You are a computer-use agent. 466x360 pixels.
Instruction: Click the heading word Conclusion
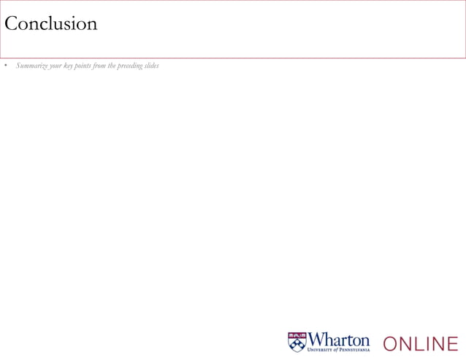[50, 23]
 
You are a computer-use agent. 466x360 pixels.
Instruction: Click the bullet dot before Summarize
[5, 66]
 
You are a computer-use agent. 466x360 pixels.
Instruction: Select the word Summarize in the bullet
[31, 66]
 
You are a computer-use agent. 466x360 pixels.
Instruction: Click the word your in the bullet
[56, 66]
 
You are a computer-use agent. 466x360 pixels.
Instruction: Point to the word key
[69, 66]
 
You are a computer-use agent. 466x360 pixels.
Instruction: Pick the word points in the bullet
[84, 66]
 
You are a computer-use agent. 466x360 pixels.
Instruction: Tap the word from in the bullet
[100, 66]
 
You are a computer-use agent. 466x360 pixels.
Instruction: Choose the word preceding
[129, 66]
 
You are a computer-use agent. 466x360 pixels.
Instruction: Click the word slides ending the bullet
[151, 66]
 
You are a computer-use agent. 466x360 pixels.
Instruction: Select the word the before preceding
[112, 66]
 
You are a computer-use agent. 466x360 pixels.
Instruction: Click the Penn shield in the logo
[297, 342]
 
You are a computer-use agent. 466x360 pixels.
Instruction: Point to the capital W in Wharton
[318, 340]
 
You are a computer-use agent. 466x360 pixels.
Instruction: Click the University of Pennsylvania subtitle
[340, 350]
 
